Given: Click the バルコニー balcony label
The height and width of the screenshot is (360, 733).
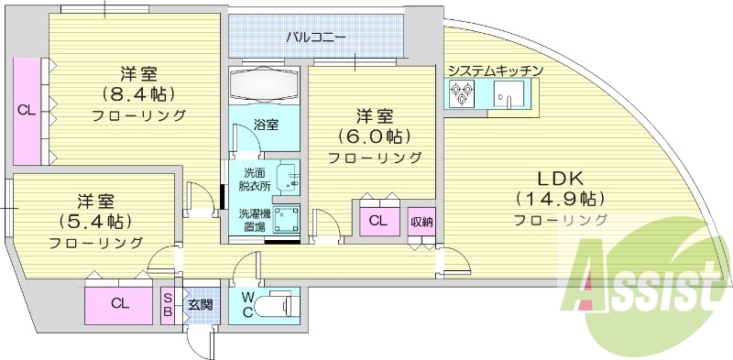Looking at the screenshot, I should coord(315,38).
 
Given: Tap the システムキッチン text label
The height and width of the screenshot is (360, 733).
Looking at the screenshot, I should coord(496,71).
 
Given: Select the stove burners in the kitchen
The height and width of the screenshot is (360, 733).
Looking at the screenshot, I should coord(460,92).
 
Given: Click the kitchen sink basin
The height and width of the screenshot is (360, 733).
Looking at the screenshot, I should coord(508,93).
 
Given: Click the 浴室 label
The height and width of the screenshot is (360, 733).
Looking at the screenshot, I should coord(266,124).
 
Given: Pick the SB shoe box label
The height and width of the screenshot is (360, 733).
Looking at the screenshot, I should coord(169,303).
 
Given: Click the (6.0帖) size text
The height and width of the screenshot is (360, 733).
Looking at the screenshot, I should coord(375,136).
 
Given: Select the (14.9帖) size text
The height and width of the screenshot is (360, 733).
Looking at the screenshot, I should coord(560,198).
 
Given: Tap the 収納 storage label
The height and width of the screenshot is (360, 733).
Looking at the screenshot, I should coord(421,220).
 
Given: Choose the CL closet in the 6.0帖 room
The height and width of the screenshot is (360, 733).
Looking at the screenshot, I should coord(377,221).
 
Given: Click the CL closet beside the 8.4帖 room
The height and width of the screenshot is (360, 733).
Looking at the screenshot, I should coord(26,110).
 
